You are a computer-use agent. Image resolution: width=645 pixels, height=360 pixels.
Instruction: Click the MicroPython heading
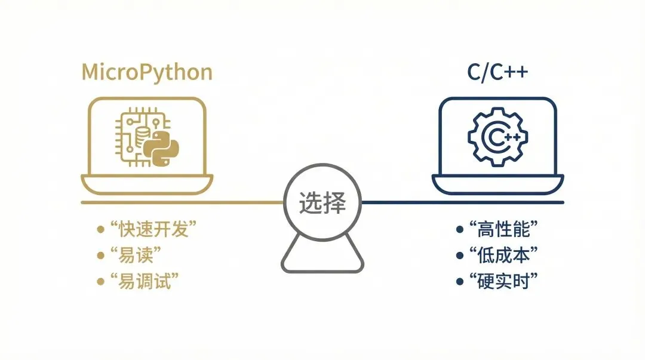tap(147, 72)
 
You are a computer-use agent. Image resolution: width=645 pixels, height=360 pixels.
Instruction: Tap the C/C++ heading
tap(497, 72)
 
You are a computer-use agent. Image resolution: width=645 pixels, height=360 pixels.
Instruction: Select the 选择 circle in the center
tap(322, 204)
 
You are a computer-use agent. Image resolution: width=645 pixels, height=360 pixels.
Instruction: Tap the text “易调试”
tap(145, 281)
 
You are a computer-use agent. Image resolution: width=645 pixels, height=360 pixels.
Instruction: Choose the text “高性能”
tap(504, 229)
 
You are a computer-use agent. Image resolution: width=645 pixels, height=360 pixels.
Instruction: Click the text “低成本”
tap(504, 255)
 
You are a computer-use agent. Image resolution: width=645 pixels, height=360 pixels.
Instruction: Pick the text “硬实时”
tap(504, 281)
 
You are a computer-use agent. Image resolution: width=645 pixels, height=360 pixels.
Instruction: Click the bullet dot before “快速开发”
tap(100, 229)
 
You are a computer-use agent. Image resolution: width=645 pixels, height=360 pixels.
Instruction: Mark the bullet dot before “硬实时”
tap(459, 281)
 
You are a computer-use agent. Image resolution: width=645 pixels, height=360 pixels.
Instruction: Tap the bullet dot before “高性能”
tap(459, 229)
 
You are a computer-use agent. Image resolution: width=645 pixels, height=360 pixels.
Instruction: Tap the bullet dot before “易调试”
tap(100, 281)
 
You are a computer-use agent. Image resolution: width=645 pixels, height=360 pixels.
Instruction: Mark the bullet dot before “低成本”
tap(459, 255)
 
